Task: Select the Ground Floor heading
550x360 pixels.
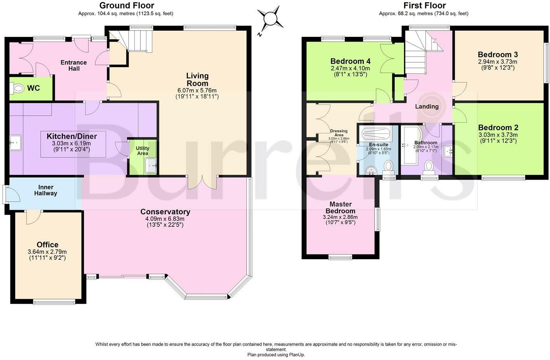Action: (x=127, y=5)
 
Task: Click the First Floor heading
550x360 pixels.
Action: (x=425, y=5)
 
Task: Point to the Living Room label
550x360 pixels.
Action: (x=198, y=80)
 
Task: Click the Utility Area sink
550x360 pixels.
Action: (x=150, y=165)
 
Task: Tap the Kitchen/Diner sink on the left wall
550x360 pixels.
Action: (x=16, y=143)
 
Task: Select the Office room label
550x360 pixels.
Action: (x=47, y=245)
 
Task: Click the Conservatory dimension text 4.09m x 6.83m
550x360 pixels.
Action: (x=165, y=218)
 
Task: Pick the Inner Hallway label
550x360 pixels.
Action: (x=46, y=190)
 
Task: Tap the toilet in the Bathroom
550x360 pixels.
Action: (x=429, y=167)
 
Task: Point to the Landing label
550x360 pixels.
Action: (x=427, y=107)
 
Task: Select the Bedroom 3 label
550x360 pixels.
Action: (x=498, y=54)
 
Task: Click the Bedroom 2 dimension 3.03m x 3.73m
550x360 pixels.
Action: (x=498, y=135)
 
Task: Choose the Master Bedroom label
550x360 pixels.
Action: (x=340, y=208)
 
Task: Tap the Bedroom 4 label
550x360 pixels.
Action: (x=350, y=61)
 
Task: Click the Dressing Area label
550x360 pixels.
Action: (x=339, y=133)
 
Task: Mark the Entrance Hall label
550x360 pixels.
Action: (x=74, y=66)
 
